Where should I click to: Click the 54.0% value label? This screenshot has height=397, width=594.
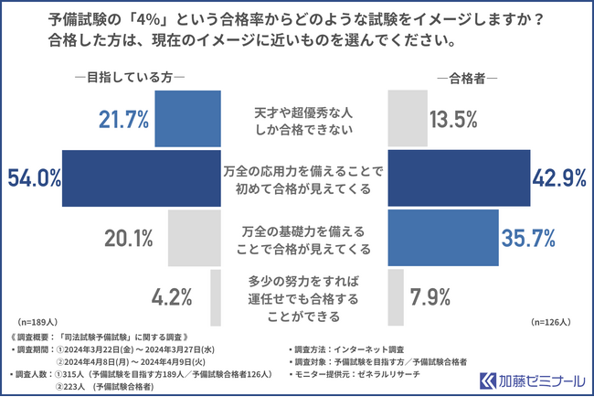pyautogui.click(x=32, y=177)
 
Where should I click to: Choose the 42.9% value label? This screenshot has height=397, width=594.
pyautogui.click(x=559, y=177)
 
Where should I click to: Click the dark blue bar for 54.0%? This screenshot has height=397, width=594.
pyautogui.click(x=142, y=177)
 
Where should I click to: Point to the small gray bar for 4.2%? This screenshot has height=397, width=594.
pyautogui.click(x=217, y=298)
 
